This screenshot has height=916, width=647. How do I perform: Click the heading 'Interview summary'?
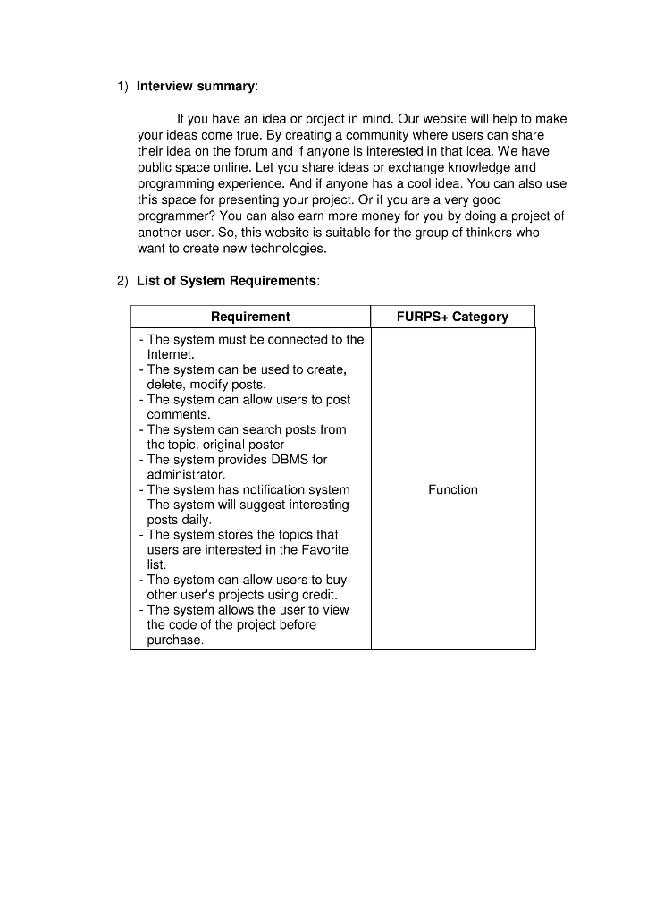tap(196, 86)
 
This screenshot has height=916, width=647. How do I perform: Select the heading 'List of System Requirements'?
tap(227, 281)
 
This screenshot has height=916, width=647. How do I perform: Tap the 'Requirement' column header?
tap(250, 317)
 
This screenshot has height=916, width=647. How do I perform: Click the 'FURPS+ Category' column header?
tap(452, 317)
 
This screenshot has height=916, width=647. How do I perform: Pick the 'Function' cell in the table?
tap(453, 489)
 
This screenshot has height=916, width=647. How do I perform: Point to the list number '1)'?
tap(123, 86)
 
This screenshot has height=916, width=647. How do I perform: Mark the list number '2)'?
tap(123, 281)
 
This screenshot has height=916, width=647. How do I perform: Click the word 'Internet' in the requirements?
tap(170, 354)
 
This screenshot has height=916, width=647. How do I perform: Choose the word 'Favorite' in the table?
tap(321, 549)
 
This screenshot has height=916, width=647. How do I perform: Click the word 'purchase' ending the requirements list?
tap(174, 640)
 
